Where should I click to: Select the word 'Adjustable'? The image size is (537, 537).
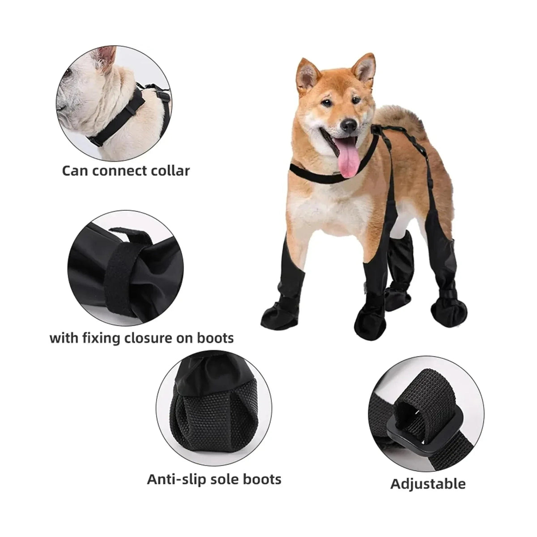click(428, 483)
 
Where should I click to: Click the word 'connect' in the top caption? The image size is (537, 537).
click(119, 170)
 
